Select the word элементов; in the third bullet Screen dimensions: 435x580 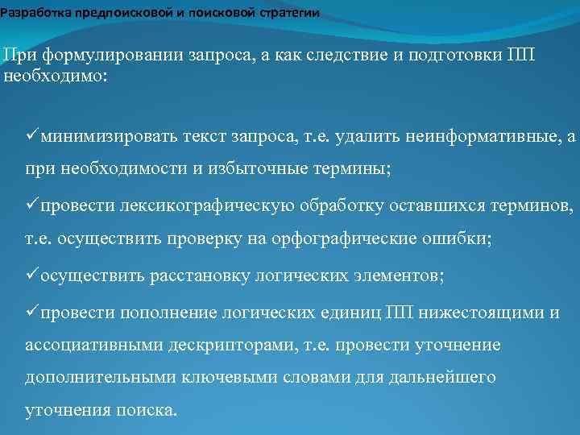click(397, 275)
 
